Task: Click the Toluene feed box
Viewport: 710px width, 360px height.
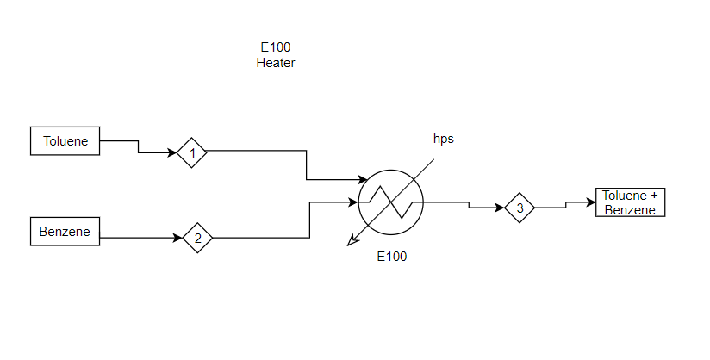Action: coord(65,141)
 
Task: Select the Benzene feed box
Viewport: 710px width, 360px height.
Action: coord(65,231)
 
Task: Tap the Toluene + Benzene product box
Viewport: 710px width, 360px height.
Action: coord(630,202)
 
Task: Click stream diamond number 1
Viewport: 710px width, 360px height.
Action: coord(192,153)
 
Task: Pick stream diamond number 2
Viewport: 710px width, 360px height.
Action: coord(197,239)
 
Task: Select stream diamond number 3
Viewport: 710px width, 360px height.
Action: coord(520,208)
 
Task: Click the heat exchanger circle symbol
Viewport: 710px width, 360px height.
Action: coord(390,202)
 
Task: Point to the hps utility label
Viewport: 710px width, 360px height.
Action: coord(443,139)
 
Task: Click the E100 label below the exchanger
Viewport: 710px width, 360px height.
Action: coord(391,256)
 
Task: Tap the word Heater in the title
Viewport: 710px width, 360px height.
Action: coord(276,63)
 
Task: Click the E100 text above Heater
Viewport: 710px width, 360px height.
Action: coord(276,47)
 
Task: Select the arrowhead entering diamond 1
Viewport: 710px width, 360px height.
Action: coord(172,153)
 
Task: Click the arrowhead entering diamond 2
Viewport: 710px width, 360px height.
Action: coord(177,239)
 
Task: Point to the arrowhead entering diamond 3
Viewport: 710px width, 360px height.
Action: coord(500,208)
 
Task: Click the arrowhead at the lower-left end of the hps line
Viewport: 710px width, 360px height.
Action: coord(351,242)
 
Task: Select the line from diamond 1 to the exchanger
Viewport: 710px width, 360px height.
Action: coord(307,164)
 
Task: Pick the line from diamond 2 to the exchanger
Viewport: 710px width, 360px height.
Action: coord(309,220)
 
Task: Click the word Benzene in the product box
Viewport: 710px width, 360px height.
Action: coord(630,210)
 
